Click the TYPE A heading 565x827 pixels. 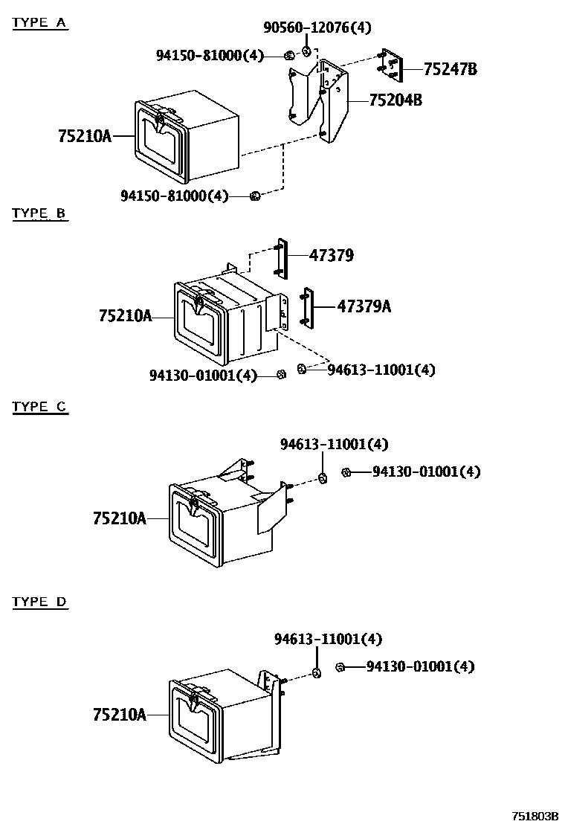[x=39, y=22]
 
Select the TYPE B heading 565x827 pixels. [x=39, y=214]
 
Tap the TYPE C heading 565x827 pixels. [x=39, y=407]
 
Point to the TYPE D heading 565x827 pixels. [x=39, y=602]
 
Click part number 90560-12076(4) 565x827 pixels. [x=317, y=28]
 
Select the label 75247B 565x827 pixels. [x=450, y=70]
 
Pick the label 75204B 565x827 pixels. [x=395, y=99]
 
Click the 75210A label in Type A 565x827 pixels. [x=84, y=136]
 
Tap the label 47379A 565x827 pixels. [x=364, y=306]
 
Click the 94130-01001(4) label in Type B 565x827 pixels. [x=203, y=376]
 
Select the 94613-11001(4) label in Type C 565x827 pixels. [x=334, y=444]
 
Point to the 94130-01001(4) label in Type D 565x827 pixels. [x=420, y=666]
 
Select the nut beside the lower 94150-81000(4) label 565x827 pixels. [x=255, y=196]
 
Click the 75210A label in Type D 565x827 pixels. [x=119, y=715]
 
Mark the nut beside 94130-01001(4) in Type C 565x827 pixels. [x=346, y=472]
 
